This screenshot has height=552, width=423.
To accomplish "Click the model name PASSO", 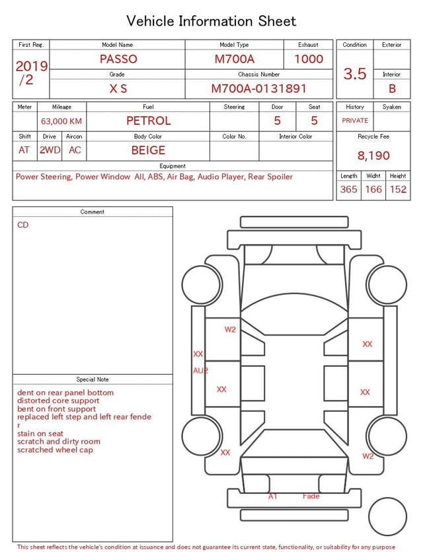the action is (x=118, y=59).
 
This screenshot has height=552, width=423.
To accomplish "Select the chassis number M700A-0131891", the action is (x=258, y=89).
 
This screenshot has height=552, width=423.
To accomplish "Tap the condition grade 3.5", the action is (x=355, y=73).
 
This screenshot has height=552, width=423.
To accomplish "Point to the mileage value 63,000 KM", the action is (x=61, y=121).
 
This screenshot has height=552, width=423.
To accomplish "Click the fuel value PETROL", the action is (x=149, y=121).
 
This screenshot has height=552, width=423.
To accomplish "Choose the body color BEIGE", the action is (x=148, y=150).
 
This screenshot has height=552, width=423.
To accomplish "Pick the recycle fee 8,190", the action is (x=373, y=155).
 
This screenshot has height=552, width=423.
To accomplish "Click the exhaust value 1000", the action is (x=309, y=59).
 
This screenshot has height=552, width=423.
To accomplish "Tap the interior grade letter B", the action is (x=392, y=89).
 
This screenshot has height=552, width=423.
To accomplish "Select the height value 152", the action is (x=398, y=189).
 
